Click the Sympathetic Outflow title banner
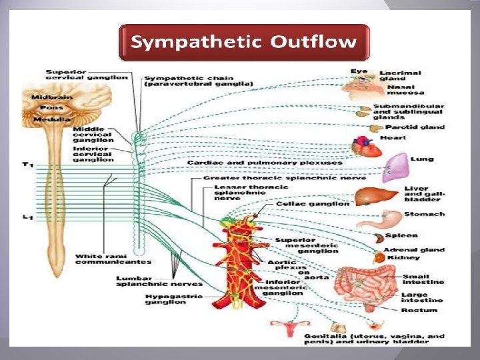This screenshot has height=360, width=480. click(243, 42)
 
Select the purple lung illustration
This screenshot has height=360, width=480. click(398, 166)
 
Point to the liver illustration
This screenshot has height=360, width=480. click(367, 196)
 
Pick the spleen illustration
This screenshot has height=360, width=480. click(377, 237)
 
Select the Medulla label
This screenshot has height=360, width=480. click(47, 119)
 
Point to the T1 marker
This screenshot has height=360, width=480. click(26, 164)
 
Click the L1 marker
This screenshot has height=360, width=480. click(26, 216)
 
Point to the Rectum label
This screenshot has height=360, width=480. click(419, 310)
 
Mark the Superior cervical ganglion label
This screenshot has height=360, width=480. click(87, 73)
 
